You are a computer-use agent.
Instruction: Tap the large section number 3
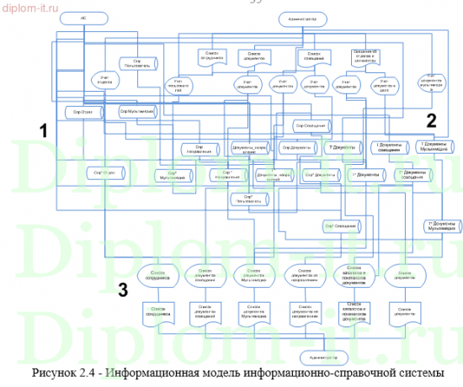[x=122, y=290]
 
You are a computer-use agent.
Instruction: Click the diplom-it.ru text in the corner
[x=29, y=7]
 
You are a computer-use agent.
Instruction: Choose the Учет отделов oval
[x=104, y=82]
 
